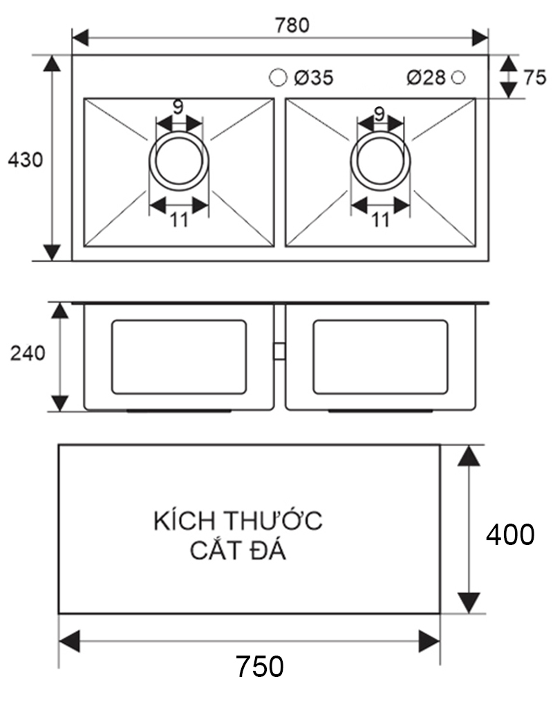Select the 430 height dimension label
click(25, 160)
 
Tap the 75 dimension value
click(534, 77)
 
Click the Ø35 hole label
click(312, 78)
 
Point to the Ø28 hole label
click(426, 78)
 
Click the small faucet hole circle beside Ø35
click(278, 77)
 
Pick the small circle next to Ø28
click(458, 77)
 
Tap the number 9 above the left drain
click(178, 107)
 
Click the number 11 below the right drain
click(379, 220)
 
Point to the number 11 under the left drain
click(178, 220)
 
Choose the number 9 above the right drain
click(379, 111)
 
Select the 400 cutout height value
click(509, 535)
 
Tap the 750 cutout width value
click(259, 667)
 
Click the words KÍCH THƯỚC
click(238, 520)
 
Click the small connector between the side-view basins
click(279, 351)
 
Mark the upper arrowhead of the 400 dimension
click(470, 456)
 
